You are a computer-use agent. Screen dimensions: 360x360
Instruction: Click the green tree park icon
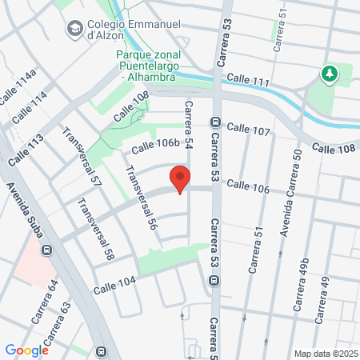click(329, 74)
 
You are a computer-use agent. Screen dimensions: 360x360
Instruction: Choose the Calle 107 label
click(249, 128)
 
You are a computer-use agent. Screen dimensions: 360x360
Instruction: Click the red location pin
click(181, 179)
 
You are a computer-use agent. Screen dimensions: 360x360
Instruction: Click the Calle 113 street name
click(26, 150)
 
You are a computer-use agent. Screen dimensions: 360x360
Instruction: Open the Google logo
click(26, 350)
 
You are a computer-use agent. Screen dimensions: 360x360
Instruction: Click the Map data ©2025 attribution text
click(324, 354)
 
